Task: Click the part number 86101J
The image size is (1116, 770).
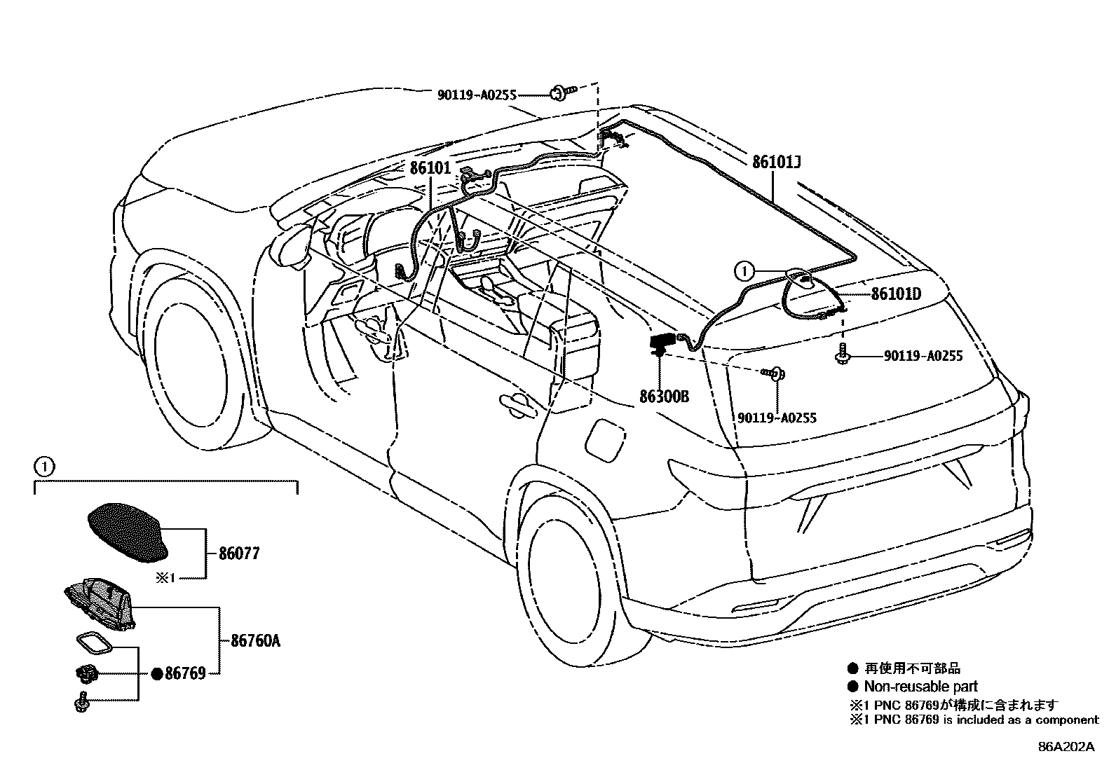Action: pos(777,163)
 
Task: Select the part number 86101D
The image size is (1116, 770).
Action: pos(896,294)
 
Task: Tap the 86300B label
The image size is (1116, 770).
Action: pos(664,397)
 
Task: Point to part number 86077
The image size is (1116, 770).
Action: pos(239,554)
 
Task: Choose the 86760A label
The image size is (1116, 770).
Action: pos(255,640)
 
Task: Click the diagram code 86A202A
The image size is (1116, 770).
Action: pos(1066,747)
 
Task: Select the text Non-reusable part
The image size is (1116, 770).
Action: pos(920,687)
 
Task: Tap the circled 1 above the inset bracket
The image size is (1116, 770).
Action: pos(43,465)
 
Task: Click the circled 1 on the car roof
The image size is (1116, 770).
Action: pos(744,269)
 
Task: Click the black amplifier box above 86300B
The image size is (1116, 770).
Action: pos(660,343)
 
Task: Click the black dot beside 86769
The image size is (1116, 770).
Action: pos(157,674)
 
